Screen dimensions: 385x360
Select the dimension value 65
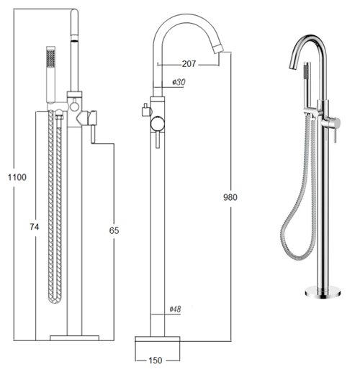[114, 231]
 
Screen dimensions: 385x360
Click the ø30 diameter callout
[177, 83]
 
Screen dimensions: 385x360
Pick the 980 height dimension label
[230, 197]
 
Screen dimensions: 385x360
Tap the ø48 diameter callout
[175, 309]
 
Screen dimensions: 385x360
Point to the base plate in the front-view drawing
[74, 337]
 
